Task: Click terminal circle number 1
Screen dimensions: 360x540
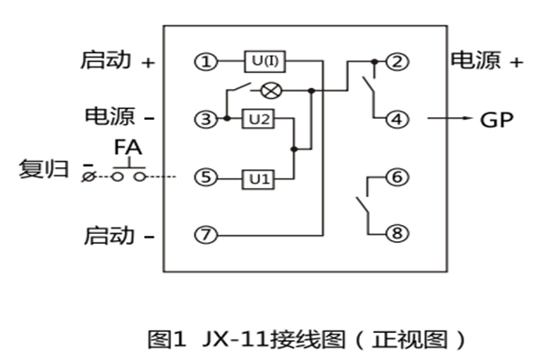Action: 206,62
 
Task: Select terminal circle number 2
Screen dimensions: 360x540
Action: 395,62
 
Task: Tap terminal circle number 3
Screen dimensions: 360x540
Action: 206,119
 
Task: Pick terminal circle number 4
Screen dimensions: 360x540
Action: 395,118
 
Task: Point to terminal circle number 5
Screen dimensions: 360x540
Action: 206,178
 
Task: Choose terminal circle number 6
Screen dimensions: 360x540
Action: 395,177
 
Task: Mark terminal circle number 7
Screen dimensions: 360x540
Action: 206,236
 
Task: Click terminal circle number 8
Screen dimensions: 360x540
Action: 395,233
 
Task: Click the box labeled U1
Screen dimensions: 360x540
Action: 259,178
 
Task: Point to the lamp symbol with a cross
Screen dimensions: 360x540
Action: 269,91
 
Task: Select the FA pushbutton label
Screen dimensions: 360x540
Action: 127,147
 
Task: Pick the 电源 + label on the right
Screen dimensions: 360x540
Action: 486,61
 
